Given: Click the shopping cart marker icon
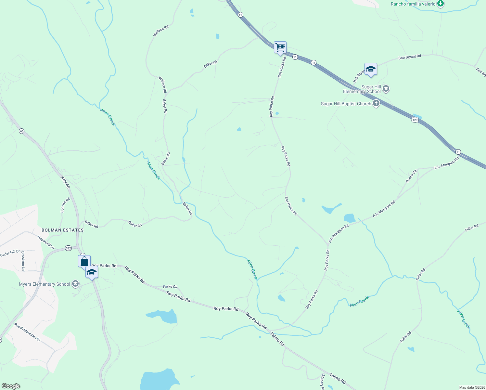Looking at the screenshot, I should click(x=280, y=47).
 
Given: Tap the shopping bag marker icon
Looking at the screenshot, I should click(x=84, y=261).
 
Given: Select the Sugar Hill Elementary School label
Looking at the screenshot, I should click(x=362, y=89).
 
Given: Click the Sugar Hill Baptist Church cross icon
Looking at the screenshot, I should click(x=376, y=104).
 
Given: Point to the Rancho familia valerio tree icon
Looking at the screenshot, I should click(x=440, y=4).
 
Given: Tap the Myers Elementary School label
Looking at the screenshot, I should click(x=45, y=284).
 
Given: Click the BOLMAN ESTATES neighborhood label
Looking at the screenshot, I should click(x=63, y=230).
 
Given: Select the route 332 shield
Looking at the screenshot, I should click(x=68, y=248).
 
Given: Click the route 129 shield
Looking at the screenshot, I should click(x=415, y=120).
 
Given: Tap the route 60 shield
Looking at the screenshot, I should click(x=21, y=131).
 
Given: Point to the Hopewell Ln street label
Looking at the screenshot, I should click(x=46, y=242).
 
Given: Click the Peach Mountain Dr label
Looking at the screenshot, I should click(x=27, y=332).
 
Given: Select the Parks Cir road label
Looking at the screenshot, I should click(x=170, y=287).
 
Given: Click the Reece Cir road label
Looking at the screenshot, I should click(x=411, y=176).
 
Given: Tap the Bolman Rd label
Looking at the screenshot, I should click(x=65, y=205).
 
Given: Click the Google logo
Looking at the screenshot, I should click(x=11, y=386).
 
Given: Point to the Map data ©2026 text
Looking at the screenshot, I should click(x=472, y=387).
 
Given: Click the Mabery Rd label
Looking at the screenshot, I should click(x=322, y=382).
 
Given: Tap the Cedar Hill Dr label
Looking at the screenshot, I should click(x=10, y=253).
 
